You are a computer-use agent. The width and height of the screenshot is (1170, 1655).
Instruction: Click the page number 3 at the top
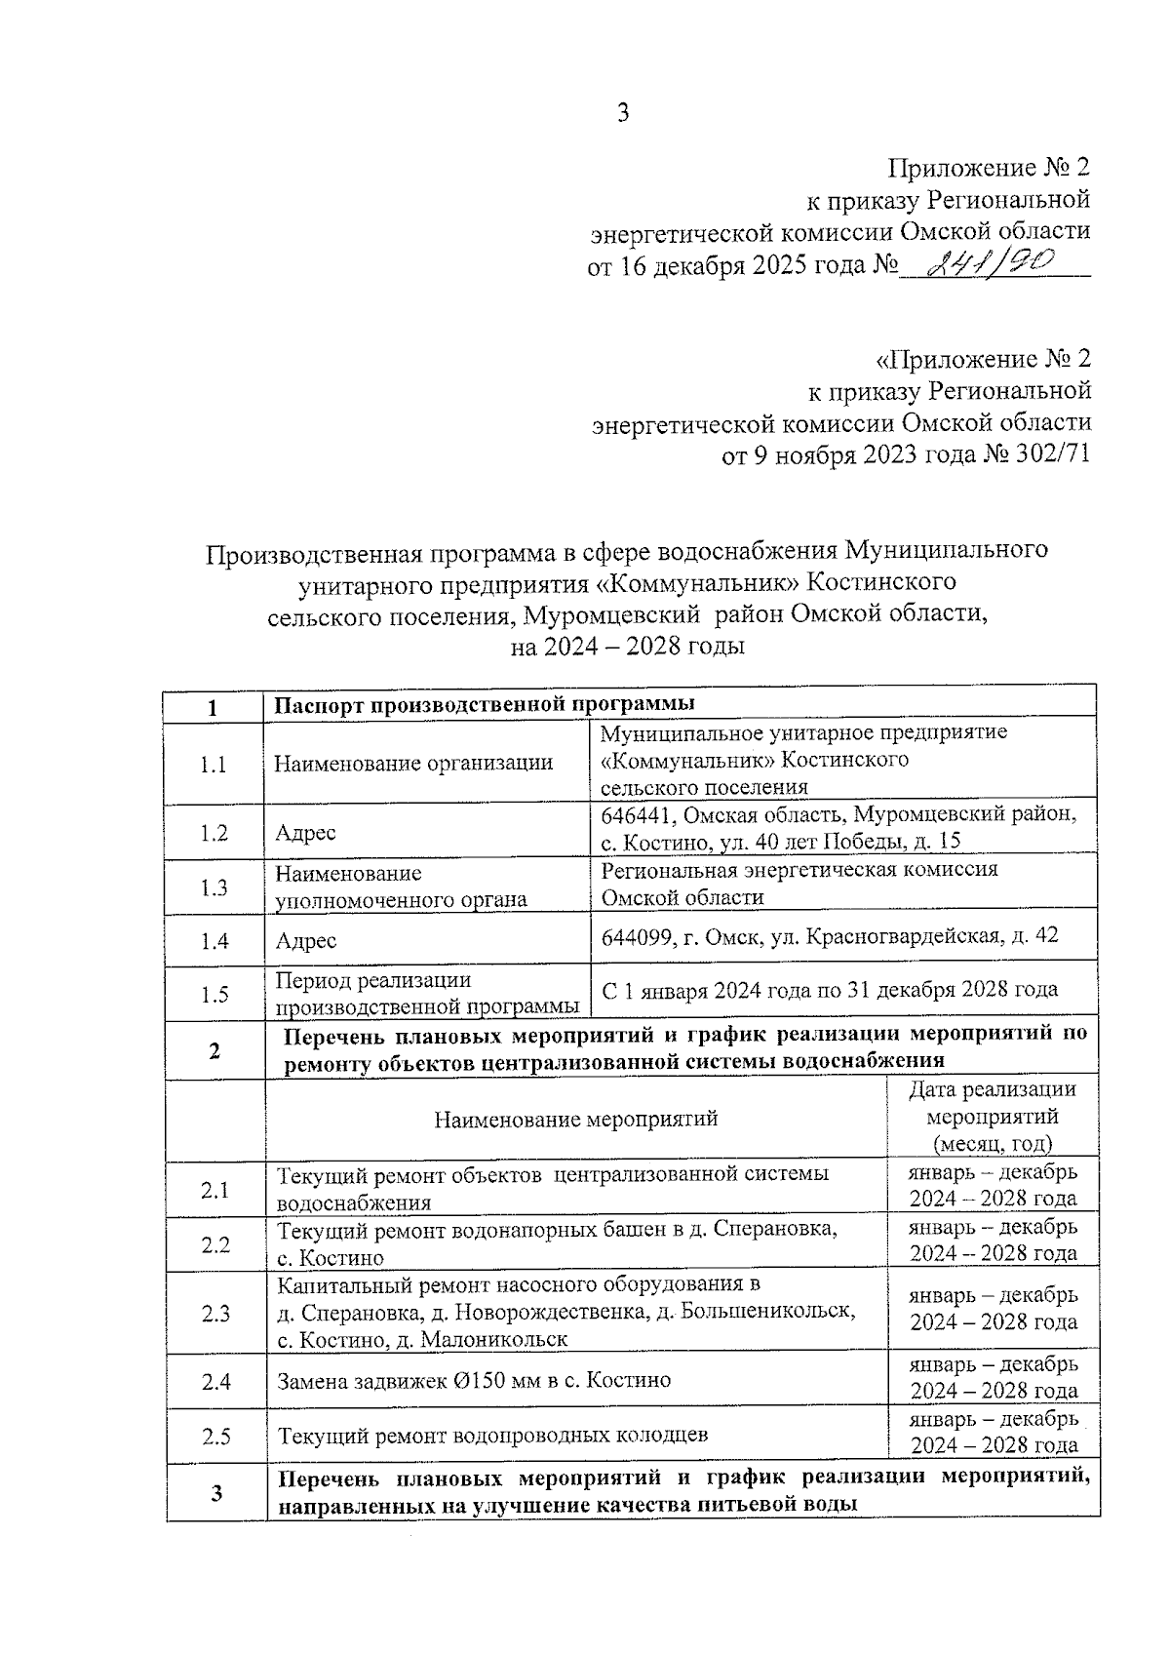623,113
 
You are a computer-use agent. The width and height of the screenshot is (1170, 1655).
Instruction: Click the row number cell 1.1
214,764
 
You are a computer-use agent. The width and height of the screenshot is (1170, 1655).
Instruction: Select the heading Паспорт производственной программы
484,704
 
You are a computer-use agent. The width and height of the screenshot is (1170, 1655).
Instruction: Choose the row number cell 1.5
214,995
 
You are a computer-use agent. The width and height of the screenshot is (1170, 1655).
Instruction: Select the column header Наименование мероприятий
575,1119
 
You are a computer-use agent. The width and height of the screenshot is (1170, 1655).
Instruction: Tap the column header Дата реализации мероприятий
992,1117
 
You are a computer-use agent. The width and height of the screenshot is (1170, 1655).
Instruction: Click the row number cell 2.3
214,1313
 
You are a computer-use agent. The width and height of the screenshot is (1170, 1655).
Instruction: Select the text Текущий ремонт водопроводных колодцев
492,1436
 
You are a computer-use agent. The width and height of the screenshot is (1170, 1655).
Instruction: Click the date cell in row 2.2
993,1240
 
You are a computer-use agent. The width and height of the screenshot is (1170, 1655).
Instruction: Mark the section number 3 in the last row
215,1493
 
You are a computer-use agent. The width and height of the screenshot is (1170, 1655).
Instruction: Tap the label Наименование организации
413,764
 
